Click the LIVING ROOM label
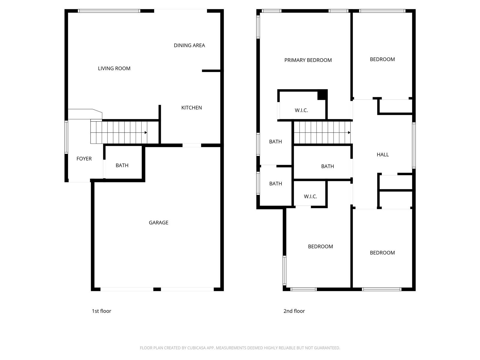[114, 68]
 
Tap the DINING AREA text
[189, 46]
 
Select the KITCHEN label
[191, 107]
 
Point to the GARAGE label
[158, 223]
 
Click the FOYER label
[84, 159]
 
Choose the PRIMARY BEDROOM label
[308, 60]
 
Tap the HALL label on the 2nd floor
[383, 154]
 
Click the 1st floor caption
[101, 311]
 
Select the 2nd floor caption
[294, 311]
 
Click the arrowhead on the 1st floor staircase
[146, 133]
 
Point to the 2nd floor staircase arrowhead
[349, 133]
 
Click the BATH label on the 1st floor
[122, 166]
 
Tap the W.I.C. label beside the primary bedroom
[301, 110]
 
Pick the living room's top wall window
[109, 11]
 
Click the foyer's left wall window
[66, 137]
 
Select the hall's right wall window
[414, 145]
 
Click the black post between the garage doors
[157, 289]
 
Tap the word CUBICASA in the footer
[195, 348]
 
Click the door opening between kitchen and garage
[192, 145]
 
